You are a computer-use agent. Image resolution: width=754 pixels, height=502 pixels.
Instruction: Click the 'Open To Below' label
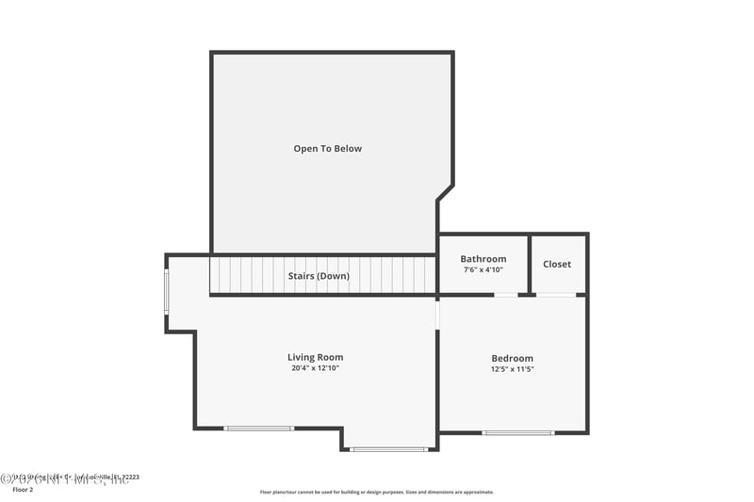[x=327, y=149]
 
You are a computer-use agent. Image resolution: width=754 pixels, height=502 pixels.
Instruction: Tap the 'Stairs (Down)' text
[x=319, y=276]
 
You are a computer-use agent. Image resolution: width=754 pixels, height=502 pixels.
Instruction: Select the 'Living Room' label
[x=315, y=357]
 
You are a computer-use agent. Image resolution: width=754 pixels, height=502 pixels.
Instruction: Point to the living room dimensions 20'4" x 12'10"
[x=315, y=368]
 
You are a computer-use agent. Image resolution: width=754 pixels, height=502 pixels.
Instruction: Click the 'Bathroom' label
[x=483, y=259]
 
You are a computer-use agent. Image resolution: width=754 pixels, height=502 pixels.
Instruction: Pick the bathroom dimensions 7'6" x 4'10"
[x=483, y=270]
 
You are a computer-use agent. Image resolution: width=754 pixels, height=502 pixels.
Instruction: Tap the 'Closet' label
[x=557, y=264]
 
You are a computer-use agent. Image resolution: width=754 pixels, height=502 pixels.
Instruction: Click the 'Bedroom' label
[x=512, y=358]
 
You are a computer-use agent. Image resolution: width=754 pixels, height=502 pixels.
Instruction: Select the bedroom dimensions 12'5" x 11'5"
[x=512, y=369]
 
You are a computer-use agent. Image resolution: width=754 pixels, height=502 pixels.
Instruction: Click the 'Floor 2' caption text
[x=23, y=490]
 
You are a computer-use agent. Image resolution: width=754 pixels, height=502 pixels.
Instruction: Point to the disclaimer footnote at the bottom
[x=376, y=492]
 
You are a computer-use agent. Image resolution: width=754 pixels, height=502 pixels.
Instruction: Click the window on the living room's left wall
[x=167, y=292]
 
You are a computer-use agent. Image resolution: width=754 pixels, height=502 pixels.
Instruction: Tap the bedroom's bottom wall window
[x=517, y=432]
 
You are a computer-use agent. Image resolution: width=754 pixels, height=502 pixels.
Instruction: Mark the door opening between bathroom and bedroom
[x=506, y=295]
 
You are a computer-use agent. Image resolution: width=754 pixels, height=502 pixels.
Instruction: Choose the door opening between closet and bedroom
[x=556, y=295]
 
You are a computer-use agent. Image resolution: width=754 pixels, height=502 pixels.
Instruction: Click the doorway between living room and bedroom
[x=437, y=314]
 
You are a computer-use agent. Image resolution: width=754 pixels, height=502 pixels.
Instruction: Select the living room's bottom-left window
[x=258, y=429]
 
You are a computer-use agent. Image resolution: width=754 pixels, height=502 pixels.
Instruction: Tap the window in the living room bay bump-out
[x=388, y=449]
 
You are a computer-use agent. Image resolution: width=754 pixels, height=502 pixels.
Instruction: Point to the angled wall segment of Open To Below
[x=445, y=192]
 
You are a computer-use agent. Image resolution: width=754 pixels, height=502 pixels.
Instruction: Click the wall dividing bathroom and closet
[x=530, y=264]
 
